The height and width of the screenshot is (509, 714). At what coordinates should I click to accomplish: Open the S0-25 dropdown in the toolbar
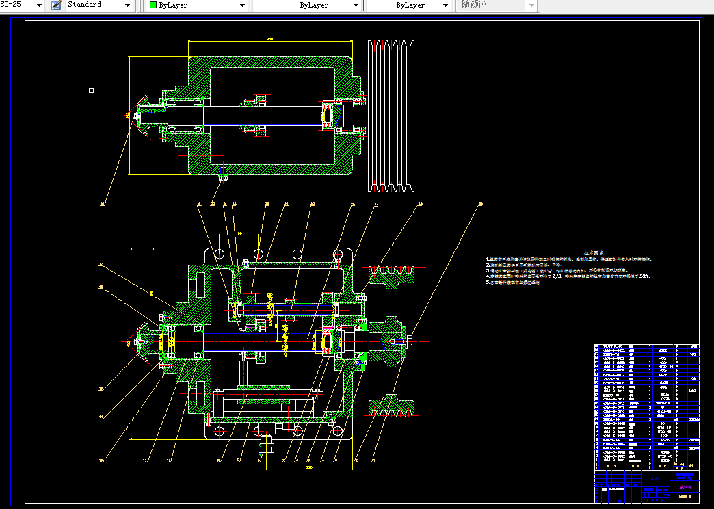click(38, 5)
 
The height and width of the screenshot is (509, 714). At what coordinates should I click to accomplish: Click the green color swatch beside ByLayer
click(153, 5)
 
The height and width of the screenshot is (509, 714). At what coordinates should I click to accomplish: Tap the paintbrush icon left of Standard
click(56, 5)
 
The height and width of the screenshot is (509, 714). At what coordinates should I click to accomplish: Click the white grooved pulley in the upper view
click(391, 116)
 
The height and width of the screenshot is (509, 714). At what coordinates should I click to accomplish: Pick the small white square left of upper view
click(92, 90)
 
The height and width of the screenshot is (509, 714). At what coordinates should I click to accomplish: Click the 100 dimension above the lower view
click(239, 233)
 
